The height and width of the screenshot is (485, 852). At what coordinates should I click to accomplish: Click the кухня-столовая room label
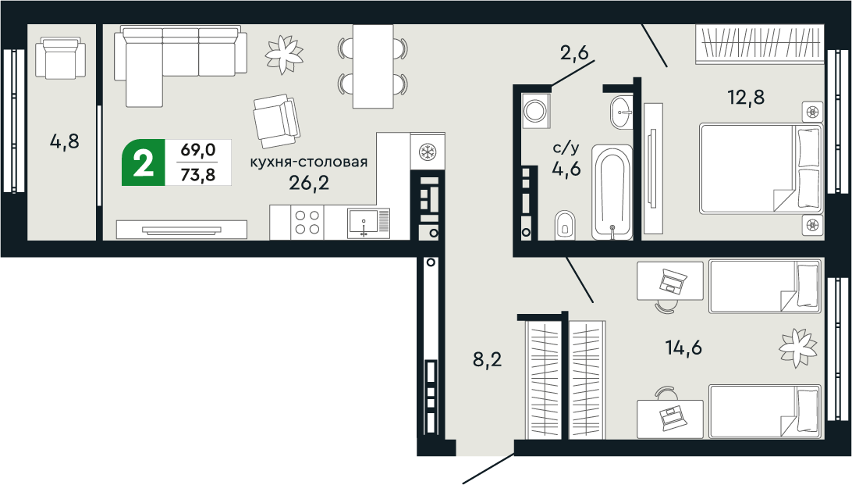click(x=308, y=162)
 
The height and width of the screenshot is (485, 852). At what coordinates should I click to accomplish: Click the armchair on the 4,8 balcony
click(x=62, y=59)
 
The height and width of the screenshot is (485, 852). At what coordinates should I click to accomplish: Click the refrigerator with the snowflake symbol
click(x=428, y=150)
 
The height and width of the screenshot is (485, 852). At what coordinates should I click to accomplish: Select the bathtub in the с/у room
click(x=612, y=193)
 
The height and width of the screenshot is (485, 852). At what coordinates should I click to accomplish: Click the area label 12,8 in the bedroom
click(x=745, y=98)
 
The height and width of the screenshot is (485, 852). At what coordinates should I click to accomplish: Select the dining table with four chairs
click(x=372, y=66)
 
